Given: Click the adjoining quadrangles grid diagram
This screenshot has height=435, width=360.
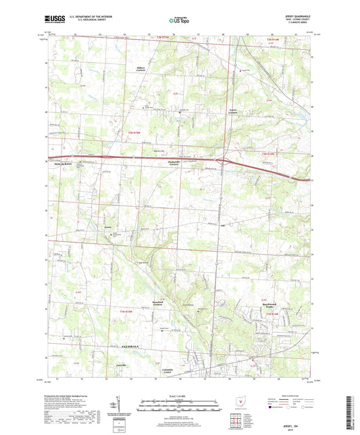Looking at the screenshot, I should point(236,423).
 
